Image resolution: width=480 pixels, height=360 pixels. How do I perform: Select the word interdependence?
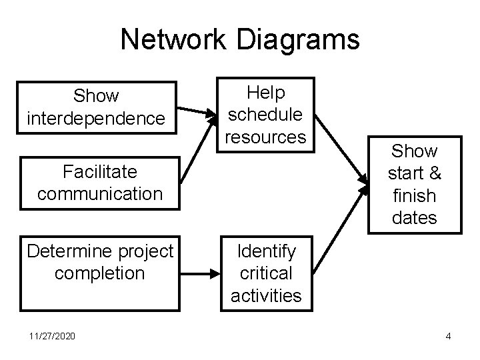click(x=96, y=118)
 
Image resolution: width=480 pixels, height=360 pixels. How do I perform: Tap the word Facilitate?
click(x=99, y=172)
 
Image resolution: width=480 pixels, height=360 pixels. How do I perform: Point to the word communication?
click(x=100, y=194)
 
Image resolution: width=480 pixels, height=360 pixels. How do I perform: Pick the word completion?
click(x=100, y=273)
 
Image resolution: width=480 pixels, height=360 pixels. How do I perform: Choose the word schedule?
click(x=265, y=114)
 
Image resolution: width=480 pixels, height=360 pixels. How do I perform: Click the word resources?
click(x=265, y=136)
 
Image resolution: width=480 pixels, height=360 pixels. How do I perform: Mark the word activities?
click(x=266, y=295)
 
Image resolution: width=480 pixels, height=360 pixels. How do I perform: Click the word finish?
click(x=414, y=196)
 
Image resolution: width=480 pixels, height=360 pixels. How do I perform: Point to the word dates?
click(x=414, y=218)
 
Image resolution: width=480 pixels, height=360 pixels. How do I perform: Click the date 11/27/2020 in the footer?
click(x=52, y=336)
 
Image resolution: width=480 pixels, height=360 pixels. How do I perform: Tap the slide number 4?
click(x=448, y=336)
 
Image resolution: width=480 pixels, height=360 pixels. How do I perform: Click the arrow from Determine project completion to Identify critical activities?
click(x=200, y=272)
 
